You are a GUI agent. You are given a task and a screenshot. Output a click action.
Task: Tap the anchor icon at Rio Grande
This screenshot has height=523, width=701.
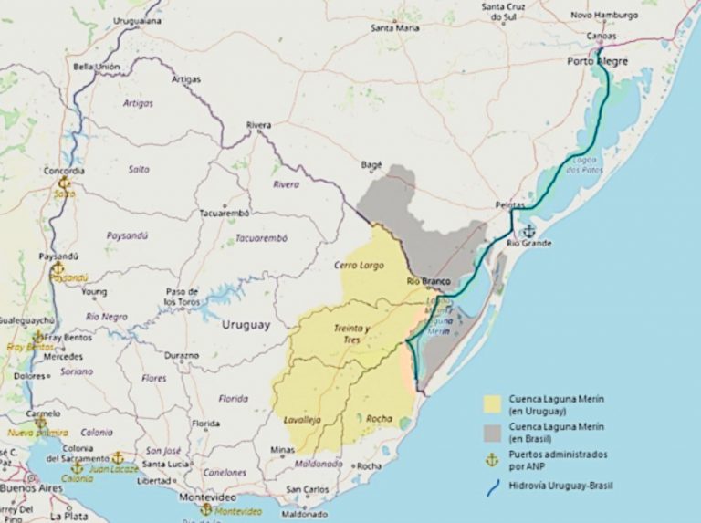528,231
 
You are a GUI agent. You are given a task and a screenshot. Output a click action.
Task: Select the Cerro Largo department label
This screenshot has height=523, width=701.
358,265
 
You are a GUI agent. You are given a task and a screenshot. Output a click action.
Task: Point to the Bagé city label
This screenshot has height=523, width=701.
371,165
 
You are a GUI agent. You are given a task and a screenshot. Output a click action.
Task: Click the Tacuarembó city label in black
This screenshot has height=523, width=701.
225,214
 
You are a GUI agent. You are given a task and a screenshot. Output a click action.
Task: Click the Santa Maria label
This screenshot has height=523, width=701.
395,28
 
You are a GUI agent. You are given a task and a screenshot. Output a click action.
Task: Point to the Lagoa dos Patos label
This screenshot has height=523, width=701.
584,165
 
